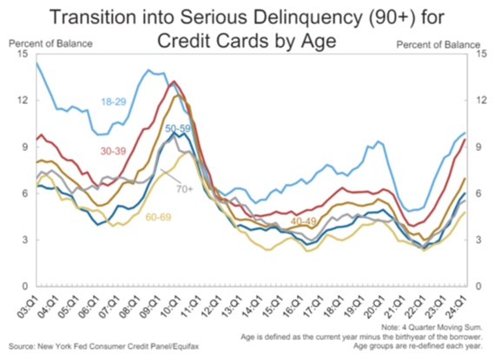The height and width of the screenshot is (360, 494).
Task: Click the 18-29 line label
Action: click(115, 102)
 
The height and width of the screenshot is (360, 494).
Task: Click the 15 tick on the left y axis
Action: click(23, 55)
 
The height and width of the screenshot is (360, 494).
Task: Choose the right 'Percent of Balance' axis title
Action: click(441, 42)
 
